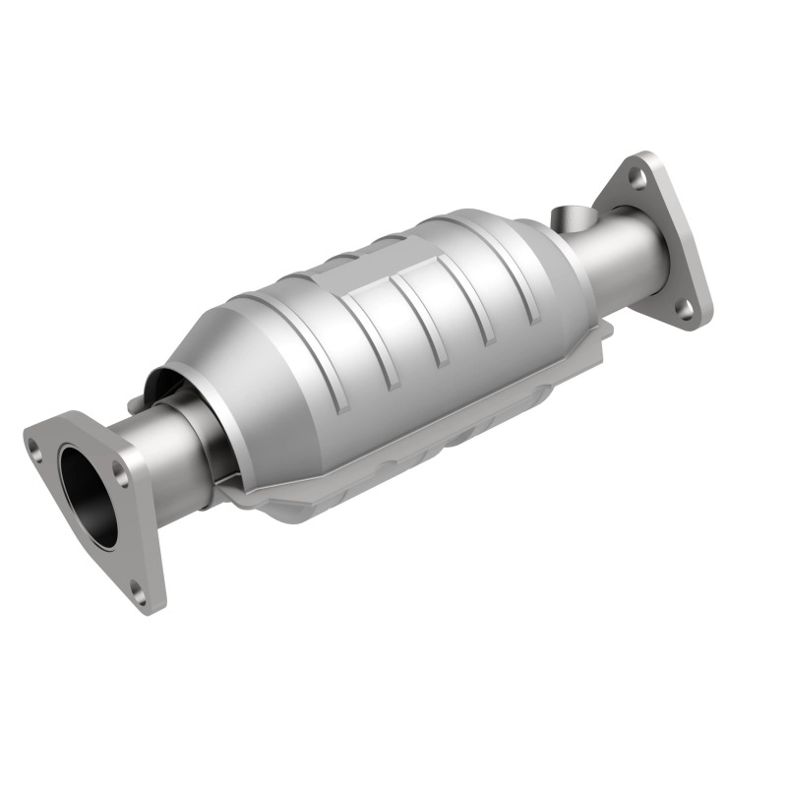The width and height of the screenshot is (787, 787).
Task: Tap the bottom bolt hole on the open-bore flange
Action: (x=138, y=594)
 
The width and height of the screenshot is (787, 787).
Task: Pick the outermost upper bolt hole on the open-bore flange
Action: (x=36, y=454)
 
